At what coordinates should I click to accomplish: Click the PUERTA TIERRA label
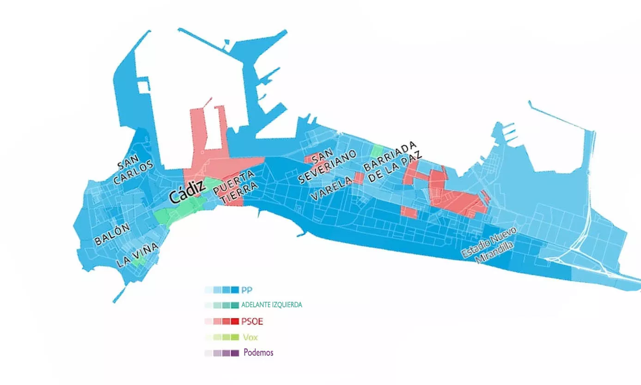(x=237, y=187)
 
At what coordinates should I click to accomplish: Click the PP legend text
(x=247, y=290)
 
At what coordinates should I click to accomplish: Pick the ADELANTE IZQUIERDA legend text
(x=272, y=305)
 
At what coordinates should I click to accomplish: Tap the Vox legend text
(x=250, y=337)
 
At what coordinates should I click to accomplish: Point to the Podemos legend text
(x=258, y=353)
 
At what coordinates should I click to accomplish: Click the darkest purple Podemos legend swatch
(x=235, y=353)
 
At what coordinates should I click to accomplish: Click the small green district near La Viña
(x=138, y=262)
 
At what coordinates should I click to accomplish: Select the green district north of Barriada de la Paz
(x=378, y=151)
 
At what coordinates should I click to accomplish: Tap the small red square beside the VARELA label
(x=359, y=178)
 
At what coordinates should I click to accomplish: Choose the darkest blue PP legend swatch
(x=235, y=290)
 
